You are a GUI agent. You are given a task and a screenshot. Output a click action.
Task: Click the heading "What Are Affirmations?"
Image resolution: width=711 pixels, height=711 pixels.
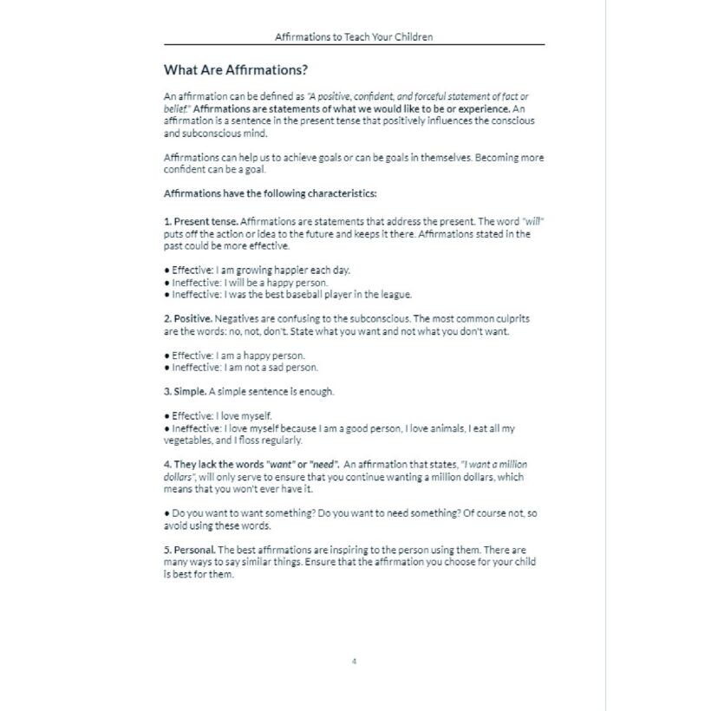236,69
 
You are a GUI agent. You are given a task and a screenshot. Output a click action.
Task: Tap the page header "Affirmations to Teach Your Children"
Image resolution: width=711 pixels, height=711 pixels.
354,37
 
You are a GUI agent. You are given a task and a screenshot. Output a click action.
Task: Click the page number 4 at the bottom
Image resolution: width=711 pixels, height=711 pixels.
355,662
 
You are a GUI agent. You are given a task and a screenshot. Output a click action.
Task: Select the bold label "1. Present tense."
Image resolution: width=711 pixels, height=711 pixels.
200,221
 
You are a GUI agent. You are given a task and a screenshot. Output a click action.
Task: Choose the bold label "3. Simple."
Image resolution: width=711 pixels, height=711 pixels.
186,392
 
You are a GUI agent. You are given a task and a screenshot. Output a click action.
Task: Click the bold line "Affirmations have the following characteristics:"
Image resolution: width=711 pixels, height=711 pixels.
270,193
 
